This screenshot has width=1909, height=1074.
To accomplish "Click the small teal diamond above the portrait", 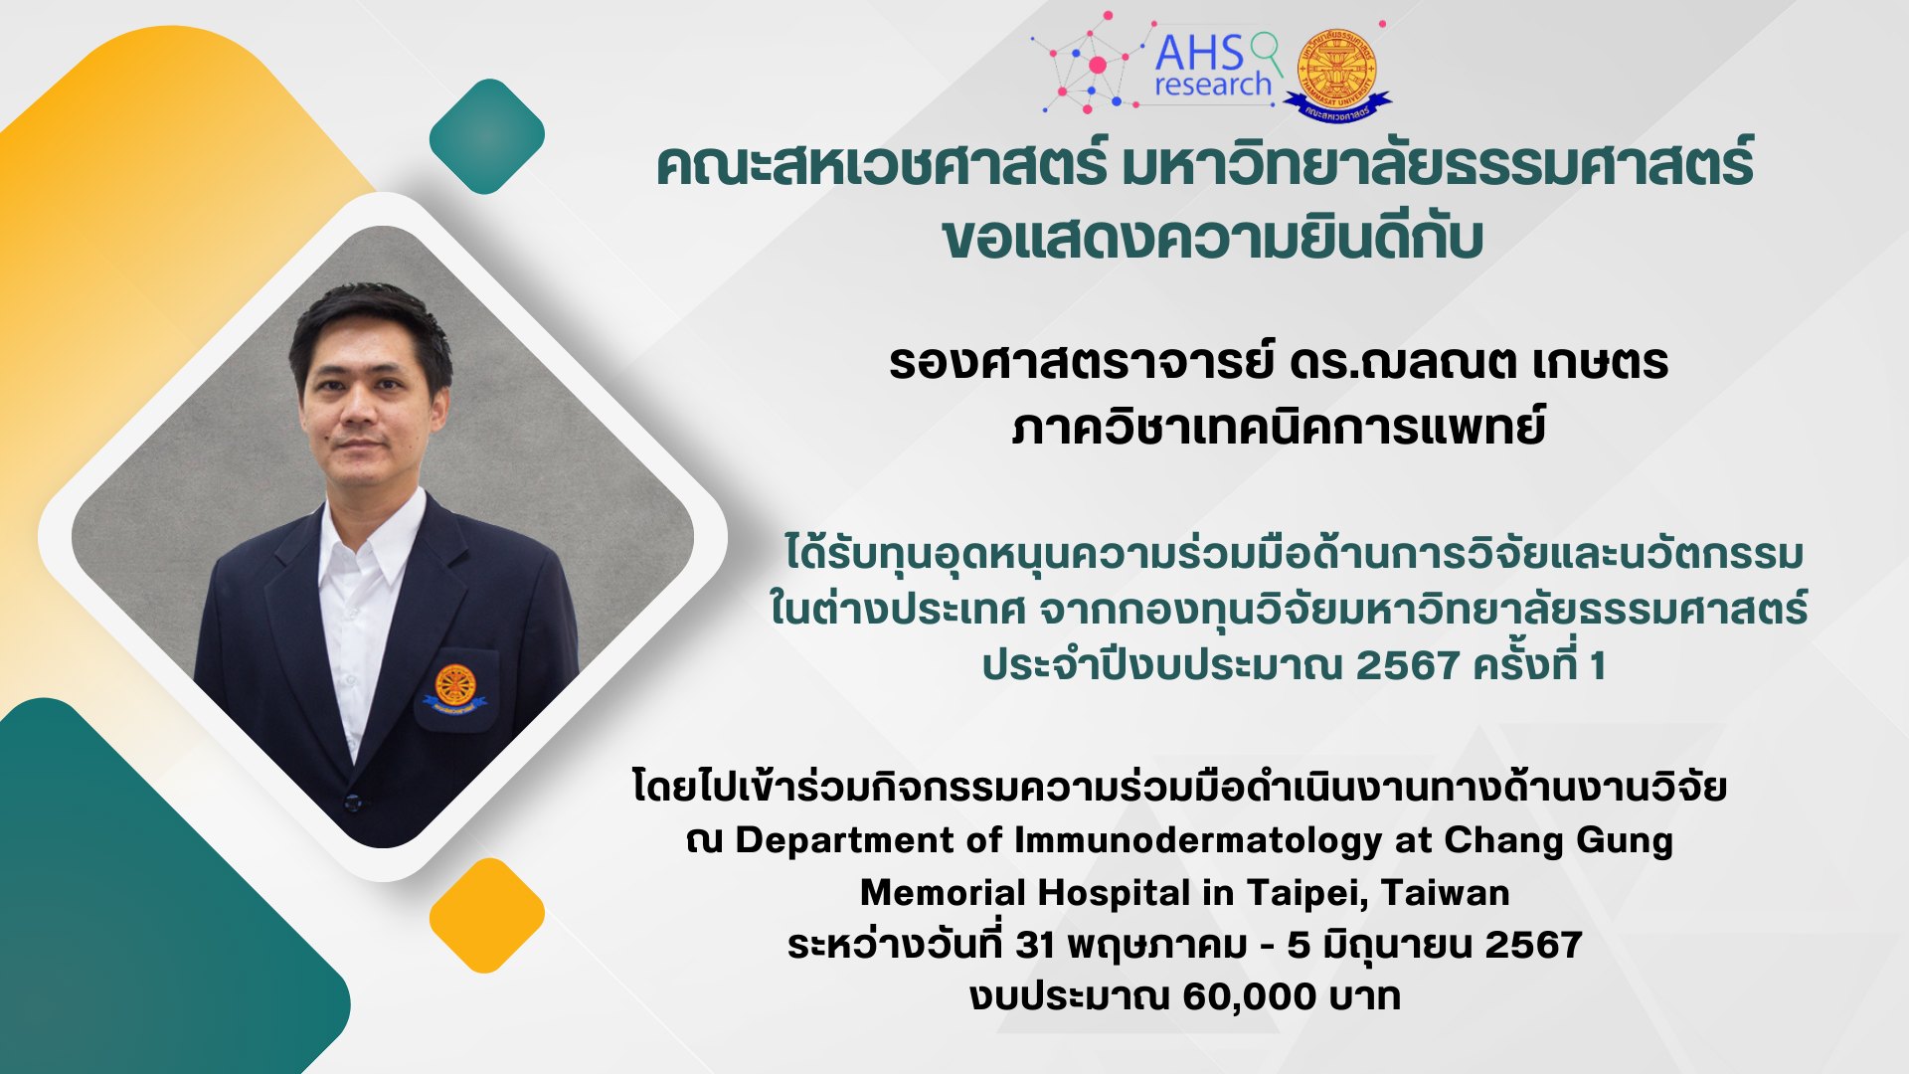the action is point(487,136).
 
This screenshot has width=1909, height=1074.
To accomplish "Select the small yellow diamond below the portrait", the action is point(487,915).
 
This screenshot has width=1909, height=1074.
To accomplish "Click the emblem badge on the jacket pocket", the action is point(454,689).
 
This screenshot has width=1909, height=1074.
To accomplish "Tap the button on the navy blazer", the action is point(350,801).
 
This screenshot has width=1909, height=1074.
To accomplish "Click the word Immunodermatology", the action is point(1197,841).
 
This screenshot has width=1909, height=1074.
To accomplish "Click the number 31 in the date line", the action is point(1035,945).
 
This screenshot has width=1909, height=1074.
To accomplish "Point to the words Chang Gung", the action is point(1558,841).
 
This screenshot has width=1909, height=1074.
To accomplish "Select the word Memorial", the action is point(943,892).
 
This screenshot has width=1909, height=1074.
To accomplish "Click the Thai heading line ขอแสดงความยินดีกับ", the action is point(1213,238).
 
